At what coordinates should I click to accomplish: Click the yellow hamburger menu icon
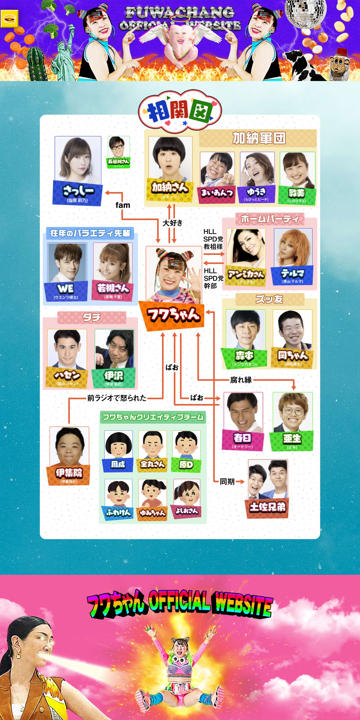pos(9,19)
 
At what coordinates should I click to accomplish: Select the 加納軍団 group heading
pos(258,138)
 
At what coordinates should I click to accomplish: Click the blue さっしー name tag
pos(78,193)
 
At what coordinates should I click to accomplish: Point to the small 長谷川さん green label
pos(119,162)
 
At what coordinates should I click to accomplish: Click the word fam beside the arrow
pos(123,205)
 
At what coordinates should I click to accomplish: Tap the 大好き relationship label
pos(172,223)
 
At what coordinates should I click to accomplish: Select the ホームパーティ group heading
pos(270,219)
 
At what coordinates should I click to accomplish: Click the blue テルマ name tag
pos(292,275)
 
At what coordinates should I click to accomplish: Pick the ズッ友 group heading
pos(269,299)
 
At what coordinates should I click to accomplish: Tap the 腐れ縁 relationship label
pos(241,380)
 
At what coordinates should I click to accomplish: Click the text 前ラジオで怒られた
pos(117,398)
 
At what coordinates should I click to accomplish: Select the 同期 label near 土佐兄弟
pos(227,482)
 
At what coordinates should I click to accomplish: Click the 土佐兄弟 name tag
pos(268,507)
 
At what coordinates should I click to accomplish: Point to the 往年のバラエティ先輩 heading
pos(90,233)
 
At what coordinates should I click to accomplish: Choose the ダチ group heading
pos(92,317)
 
